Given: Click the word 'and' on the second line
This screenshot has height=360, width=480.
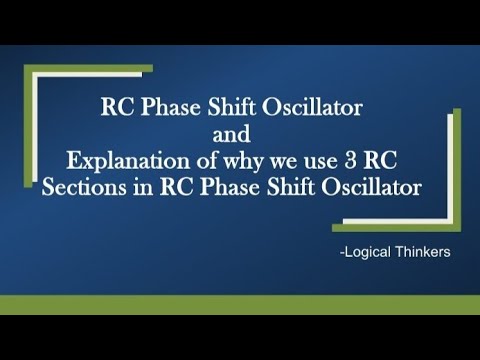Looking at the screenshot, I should tap(239, 133).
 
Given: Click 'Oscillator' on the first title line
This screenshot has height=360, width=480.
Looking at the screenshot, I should tap(326, 107).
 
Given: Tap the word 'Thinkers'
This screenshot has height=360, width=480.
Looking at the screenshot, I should tap(423, 252).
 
